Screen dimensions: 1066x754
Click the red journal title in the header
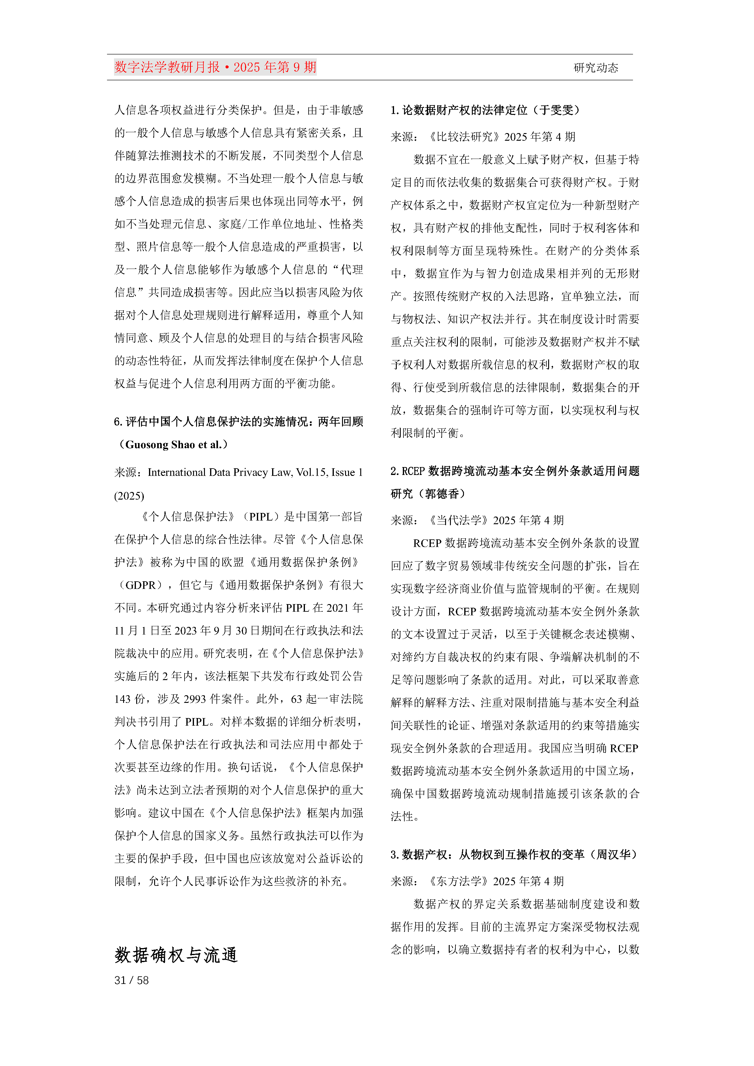(215, 67)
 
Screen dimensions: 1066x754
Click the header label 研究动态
(596, 68)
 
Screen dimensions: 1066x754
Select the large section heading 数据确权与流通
(176, 955)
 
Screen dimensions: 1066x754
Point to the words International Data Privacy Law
(220, 472)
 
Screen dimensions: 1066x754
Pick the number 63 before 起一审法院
(296, 699)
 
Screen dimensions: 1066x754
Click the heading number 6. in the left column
(118, 421)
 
